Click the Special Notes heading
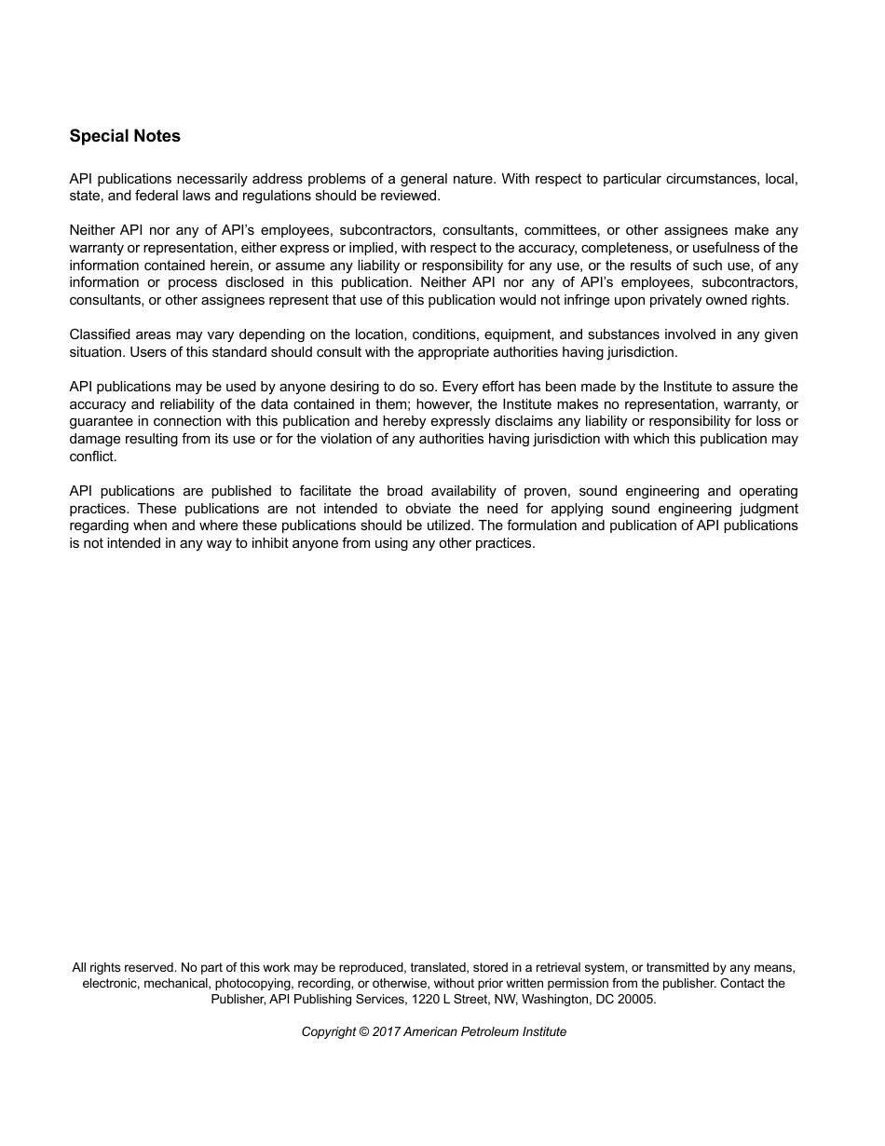pos(125,136)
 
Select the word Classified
pos(100,334)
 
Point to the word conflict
pos(92,457)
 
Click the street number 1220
pos(395,999)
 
